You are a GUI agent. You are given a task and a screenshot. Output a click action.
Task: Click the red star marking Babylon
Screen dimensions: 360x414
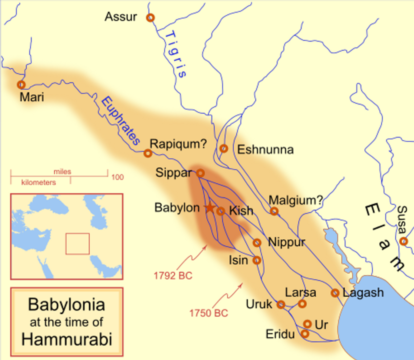[x=209, y=207]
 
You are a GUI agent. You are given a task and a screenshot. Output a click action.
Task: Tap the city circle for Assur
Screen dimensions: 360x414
[x=150, y=17]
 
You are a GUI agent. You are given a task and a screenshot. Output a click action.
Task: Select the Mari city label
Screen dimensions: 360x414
[x=32, y=97]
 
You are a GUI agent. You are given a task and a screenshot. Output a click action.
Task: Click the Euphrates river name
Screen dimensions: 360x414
[x=120, y=120]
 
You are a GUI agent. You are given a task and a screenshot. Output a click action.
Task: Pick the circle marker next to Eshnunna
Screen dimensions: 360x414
[x=224, y=148]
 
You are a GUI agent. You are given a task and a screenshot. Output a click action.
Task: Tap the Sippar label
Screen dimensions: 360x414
[x=173, y=173]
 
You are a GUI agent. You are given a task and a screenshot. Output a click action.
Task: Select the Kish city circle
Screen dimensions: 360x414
[x=220, y=211]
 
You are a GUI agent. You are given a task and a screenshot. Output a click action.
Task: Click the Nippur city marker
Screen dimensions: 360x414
[x=257, y=242]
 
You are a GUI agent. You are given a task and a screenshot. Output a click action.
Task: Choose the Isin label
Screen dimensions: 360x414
[x=238, y=260]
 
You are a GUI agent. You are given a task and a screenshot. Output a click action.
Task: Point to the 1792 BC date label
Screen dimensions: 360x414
[x=172, y=275]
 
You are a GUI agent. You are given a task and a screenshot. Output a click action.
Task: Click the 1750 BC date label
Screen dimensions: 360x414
[x=208, y=313]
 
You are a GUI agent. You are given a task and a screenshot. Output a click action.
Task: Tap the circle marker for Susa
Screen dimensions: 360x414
[x=403, y=241]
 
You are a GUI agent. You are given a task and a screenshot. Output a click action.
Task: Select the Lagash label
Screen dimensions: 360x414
[x=363, y=292]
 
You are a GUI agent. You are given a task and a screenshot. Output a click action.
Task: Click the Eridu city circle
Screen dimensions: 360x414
[x=305, y=333]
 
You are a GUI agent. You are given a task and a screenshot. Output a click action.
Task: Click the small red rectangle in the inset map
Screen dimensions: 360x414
[x=77, y=243]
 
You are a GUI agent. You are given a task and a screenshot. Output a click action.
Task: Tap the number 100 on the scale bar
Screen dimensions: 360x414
[x=117, y=177]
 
